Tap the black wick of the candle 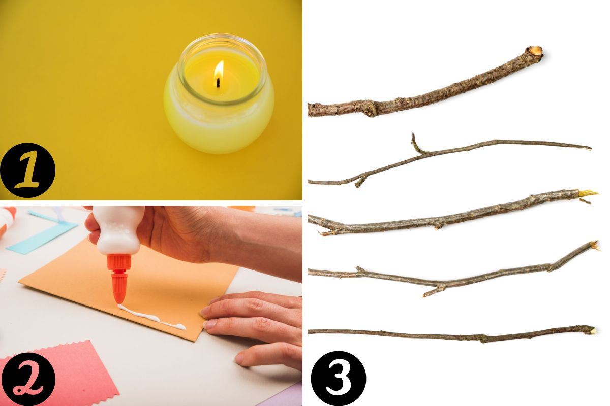click(218, 82)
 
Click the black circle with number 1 click(27, 171)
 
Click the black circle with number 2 click(27, 378)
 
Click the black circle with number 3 click(338, 378)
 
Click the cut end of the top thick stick click(534, 51)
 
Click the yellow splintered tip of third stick click(587, 194)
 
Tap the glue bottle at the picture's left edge click(6, 221)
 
